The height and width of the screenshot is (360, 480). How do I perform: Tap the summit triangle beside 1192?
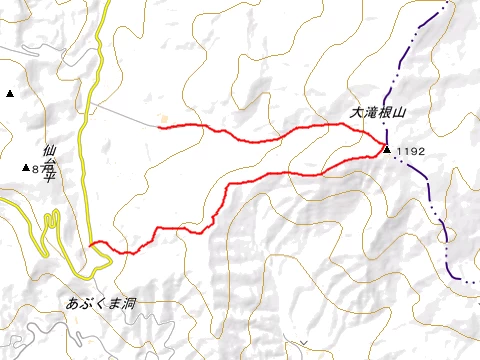387,150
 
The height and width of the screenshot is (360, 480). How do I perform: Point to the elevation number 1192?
410,151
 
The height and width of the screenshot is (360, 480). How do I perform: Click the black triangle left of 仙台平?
26,168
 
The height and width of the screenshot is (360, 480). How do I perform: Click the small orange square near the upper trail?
163,118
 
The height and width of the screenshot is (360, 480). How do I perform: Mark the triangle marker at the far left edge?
9,93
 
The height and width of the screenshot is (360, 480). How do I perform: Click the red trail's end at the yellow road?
91,243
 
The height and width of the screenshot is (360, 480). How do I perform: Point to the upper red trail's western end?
160,127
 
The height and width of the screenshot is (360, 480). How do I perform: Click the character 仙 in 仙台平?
50,153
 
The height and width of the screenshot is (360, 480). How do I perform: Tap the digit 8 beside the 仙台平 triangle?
35,170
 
